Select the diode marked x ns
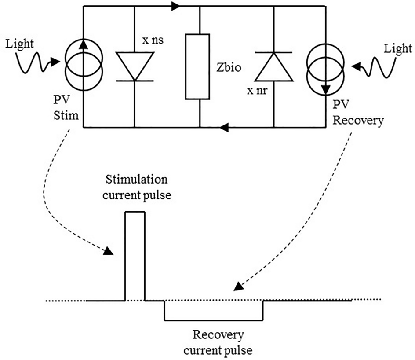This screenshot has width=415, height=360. click(134, 66)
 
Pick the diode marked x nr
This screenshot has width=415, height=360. click(273, 66)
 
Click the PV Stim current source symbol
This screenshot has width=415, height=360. click(84, 66)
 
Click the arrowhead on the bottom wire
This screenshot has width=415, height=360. click(224, 128)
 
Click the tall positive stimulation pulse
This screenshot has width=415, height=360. click(135, 255)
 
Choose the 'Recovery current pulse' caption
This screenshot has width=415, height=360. click(218, 343)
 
